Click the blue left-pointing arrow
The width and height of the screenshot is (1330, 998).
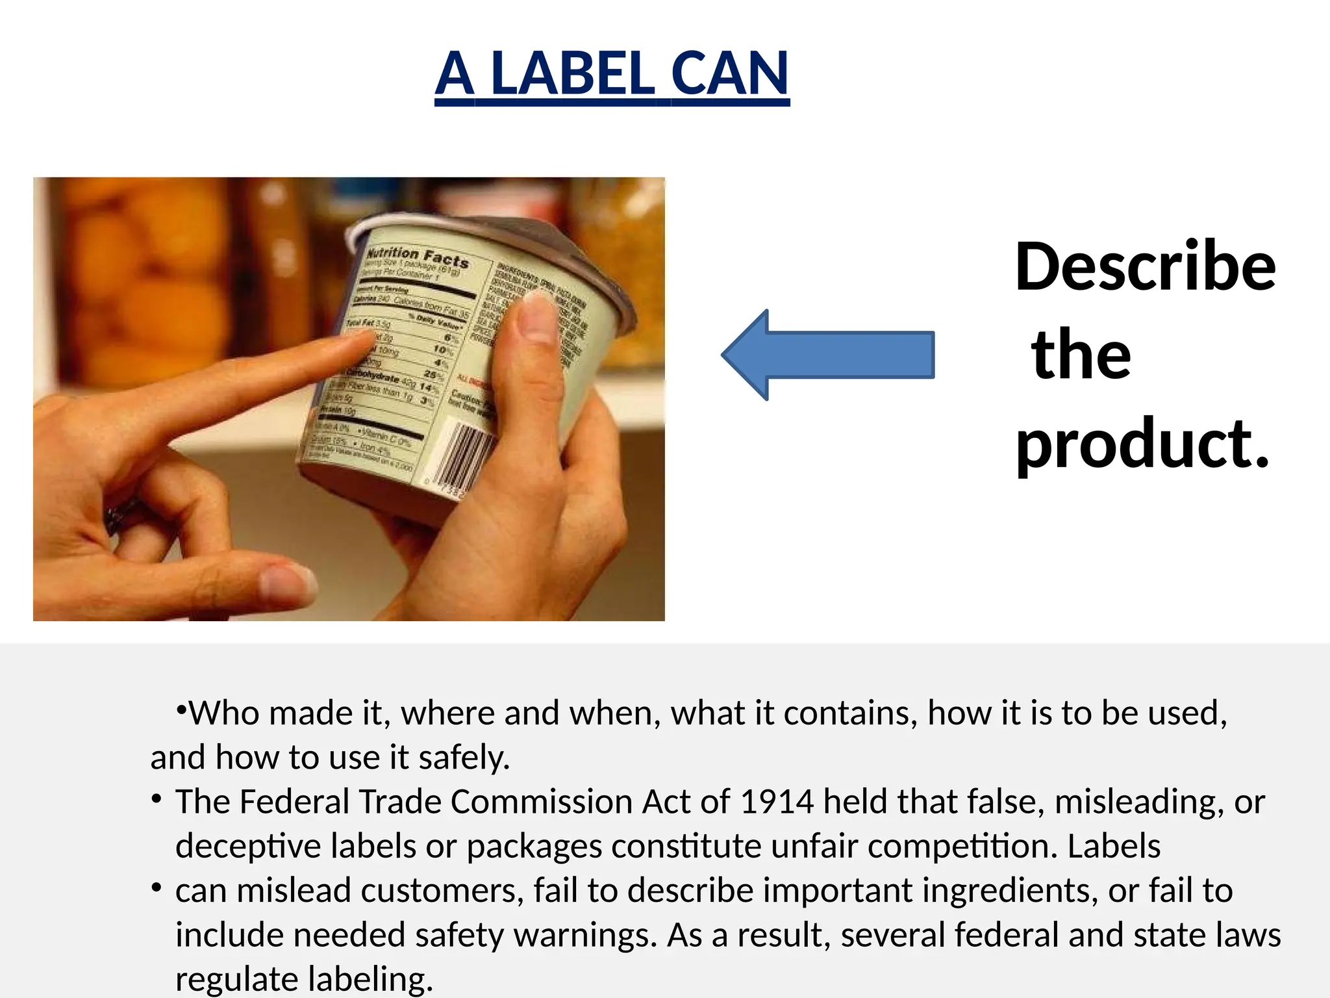[x=828, y=355]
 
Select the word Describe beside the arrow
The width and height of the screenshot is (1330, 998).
[x=1146, y=266]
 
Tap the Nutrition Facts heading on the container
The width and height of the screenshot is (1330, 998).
[x=417, y=257]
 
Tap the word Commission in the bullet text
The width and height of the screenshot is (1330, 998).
[x=541, y=801]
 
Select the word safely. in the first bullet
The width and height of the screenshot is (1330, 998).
[x=464, y=758]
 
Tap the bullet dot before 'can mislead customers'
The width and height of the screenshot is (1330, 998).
[x=156, y=887]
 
